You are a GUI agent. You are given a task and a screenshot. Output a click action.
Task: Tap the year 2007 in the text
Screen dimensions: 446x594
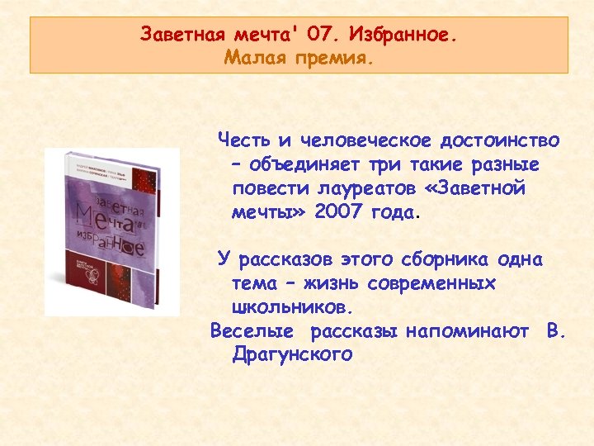pyautogui.click(x=339, y=212)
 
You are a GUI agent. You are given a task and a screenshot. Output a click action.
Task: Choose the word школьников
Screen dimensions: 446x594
pyautogui.click(x=293, y=308)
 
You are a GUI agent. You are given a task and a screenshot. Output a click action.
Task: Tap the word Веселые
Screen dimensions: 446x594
pyautogui.click(x=252, y=332)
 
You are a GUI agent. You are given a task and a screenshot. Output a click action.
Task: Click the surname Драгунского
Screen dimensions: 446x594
pyautogui.click(x=293, y=356)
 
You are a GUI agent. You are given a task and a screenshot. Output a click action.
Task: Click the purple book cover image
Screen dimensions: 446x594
pyautogui.click(x=112, y=233)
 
